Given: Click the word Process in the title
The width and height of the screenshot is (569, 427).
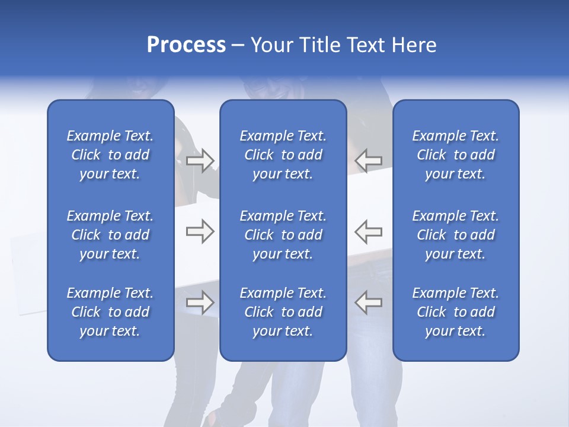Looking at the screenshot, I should pos(186,45).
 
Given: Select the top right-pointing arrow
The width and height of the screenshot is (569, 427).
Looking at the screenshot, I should pos(200,161).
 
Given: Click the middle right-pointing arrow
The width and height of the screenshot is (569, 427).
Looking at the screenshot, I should pos(200,231).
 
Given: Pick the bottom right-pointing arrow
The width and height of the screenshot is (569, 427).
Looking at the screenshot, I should pos(200,302).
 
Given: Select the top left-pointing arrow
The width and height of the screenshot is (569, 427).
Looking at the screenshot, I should pos(369,161).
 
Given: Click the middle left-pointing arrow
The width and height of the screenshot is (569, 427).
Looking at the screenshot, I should pos(369,231).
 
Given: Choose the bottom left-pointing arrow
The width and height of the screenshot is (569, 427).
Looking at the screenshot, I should pos(369,302).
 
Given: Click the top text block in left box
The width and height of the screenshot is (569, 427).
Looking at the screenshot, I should pos(110,155).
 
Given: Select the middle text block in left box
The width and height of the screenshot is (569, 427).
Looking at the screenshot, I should pos(110,235).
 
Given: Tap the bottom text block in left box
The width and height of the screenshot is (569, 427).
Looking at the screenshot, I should pos(110,312).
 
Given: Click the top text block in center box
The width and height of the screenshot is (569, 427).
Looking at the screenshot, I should pos(283,155).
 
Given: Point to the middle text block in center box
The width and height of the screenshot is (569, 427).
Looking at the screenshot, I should pos(283,235).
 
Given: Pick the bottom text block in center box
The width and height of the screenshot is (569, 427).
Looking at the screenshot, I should pos(283,312).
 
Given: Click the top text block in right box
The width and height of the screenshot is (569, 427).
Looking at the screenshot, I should pos(456,155).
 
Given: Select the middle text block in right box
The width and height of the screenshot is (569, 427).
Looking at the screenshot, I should pos(456,235).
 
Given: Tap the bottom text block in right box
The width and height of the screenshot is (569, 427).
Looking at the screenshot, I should pos(456,312).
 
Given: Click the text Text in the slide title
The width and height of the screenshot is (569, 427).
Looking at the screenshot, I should pos(366,45).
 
